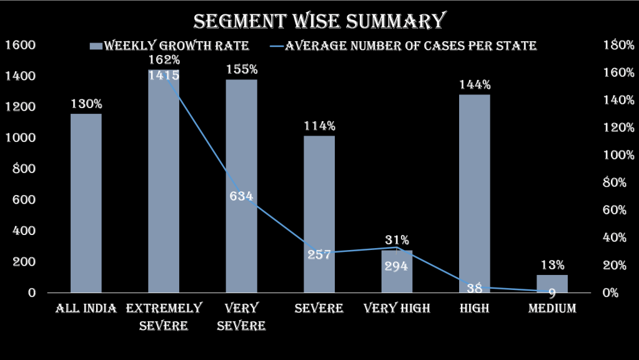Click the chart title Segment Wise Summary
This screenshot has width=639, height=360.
click(319, 21)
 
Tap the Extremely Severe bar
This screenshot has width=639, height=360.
click(164, 187)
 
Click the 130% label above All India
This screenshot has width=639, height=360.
click(86, 104)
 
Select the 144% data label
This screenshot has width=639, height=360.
click(475, 85)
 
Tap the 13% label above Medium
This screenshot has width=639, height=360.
click(552, 265)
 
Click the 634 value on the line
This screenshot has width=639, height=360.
click(241, 196)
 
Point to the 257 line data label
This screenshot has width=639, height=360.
click(319, 254)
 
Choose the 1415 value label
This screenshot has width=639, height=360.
click(164, 75)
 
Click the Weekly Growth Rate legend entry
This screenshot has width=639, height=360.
click(169, 46)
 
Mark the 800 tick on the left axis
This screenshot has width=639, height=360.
click(23, 169)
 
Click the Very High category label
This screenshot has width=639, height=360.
click(397, 308)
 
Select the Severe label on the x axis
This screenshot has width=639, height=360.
click(319, 308)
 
